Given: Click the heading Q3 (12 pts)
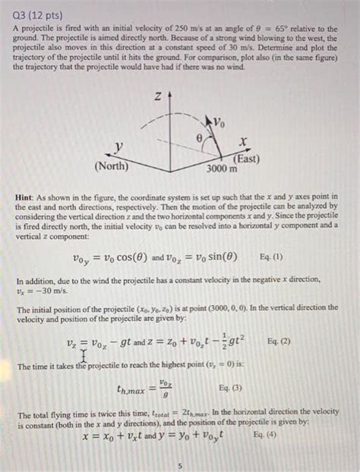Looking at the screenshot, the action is tap(38, 14).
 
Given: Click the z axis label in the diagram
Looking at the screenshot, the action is tap(157, 96).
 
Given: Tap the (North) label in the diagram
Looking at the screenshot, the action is tap(111, 165).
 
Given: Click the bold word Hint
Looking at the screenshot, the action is tap(27, 197).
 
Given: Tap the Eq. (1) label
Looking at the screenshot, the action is tap(276, 256).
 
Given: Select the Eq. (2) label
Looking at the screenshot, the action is tap(283, 341).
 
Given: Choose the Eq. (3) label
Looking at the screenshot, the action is tap(232, 388).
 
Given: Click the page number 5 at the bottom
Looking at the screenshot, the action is tap(179, 464).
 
